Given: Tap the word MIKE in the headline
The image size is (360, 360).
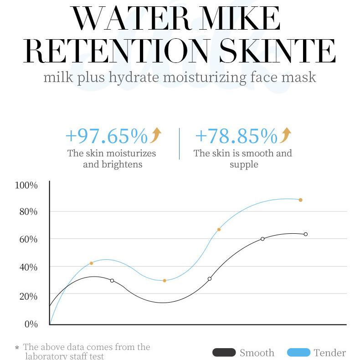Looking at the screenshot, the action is point(239,18).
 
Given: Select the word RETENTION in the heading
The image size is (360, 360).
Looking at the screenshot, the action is point(116,51).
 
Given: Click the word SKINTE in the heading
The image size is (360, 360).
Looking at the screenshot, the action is point(278,51).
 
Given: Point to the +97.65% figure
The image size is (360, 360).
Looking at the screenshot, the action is point(107,136).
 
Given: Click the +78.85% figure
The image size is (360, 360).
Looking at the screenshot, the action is point(237,136).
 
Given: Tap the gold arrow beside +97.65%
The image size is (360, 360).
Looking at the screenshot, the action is point(155,135).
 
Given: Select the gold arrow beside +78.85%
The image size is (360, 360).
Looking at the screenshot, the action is point(285,135).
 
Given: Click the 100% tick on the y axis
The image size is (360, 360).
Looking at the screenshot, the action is point(26,185).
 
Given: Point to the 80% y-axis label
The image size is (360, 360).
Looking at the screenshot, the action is point(28,212).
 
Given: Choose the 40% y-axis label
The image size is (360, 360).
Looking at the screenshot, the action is point(28,267).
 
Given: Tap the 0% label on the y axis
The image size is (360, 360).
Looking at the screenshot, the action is point(31,324).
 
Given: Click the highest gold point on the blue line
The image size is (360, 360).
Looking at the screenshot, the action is point(301,200).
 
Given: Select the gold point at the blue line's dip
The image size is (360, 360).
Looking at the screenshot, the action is point(165,281).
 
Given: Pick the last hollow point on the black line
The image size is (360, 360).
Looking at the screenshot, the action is point(306,234).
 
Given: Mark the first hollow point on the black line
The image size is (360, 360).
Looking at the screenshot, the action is point(112,281).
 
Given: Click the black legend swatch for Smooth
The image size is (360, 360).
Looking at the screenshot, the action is point(224,352).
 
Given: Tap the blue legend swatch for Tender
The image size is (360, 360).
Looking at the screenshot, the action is point(298,352).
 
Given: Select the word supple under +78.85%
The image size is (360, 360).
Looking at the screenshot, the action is point(244,165).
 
